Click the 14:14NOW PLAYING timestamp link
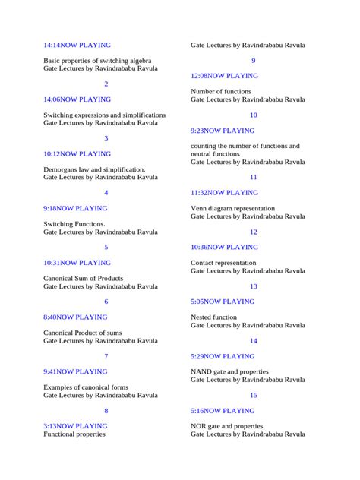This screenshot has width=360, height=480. (x=76, y=45)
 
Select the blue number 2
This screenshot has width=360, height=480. (x=106, y=84)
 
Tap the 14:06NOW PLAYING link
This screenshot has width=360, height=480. (x=77, y=99)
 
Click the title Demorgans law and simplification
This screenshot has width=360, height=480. (x=94, y=169)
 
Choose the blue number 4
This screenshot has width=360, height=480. (x=106, y=193)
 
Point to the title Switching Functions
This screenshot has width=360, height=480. (x=74, y=224)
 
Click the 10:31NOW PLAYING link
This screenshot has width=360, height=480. (x=77, y=263)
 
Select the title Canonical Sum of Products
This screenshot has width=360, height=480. (x=83, y=279)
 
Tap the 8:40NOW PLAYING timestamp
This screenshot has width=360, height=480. (x=75, y=317)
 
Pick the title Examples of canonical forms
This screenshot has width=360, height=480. (x=86, y=387)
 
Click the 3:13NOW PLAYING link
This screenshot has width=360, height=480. (x=75, y=426)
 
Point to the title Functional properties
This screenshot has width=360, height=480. (x=74, y=434)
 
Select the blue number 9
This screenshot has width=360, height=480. (x=253, y=61)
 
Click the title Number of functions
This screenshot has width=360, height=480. (x=220, y=91)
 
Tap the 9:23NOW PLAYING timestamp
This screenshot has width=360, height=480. (x=223, y=131)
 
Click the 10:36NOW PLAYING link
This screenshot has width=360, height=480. (x=224, y=247)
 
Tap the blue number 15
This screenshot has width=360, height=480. (x=253, y=395)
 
